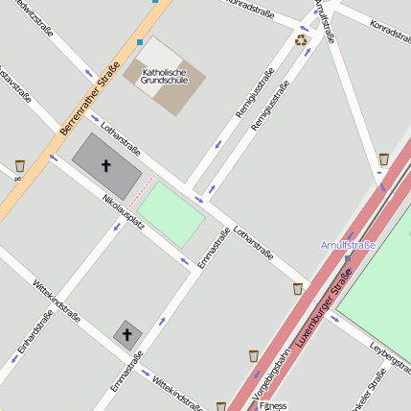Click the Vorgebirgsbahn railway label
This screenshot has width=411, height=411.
[271, 375]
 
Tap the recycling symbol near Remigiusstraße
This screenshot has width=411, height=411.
[302, 40]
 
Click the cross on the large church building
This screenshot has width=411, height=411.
[105, 166]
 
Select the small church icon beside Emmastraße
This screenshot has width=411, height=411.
[127, 334]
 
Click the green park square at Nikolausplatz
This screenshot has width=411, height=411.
[171, 213]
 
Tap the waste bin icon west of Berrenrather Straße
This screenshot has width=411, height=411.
[20, 166]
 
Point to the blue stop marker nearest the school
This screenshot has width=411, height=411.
[140, 42]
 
